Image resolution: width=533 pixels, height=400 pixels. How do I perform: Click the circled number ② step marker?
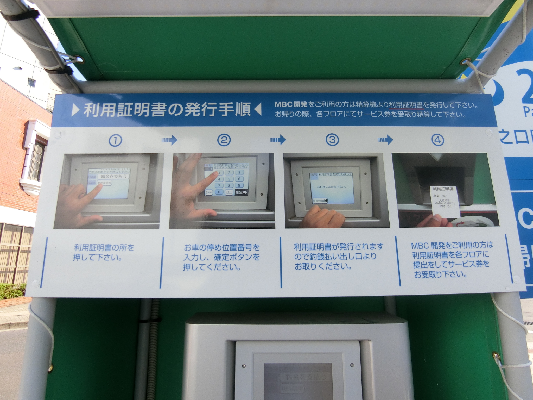(224, 140)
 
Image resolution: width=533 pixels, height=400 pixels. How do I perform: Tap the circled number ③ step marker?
(332, 140)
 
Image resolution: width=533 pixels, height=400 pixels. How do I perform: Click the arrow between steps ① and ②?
(169, 140)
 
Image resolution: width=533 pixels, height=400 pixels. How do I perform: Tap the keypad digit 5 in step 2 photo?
(229, 179)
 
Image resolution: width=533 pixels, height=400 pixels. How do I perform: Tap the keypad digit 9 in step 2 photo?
(239, 185)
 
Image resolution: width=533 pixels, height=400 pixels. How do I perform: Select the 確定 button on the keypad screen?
(242, 192)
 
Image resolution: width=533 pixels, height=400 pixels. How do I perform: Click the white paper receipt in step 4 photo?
(445, 202)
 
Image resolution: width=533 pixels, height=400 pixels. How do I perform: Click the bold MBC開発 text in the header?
(291, 105)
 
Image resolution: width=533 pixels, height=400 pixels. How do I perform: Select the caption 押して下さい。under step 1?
(98, 258)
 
